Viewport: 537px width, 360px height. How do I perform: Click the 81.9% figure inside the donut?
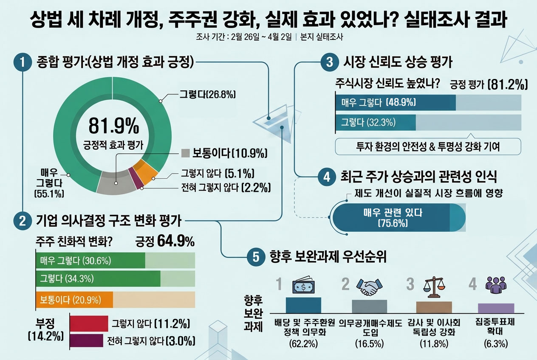point(113,126)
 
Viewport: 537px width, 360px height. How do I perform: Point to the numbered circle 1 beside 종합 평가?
point(22,62)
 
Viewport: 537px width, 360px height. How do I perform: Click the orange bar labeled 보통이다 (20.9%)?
point(74,300)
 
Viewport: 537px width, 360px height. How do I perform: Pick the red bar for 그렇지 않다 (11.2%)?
point(88,323)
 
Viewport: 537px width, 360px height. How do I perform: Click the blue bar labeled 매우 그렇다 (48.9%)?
point(395,102)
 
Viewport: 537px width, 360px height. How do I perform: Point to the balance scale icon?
point(435,287)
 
